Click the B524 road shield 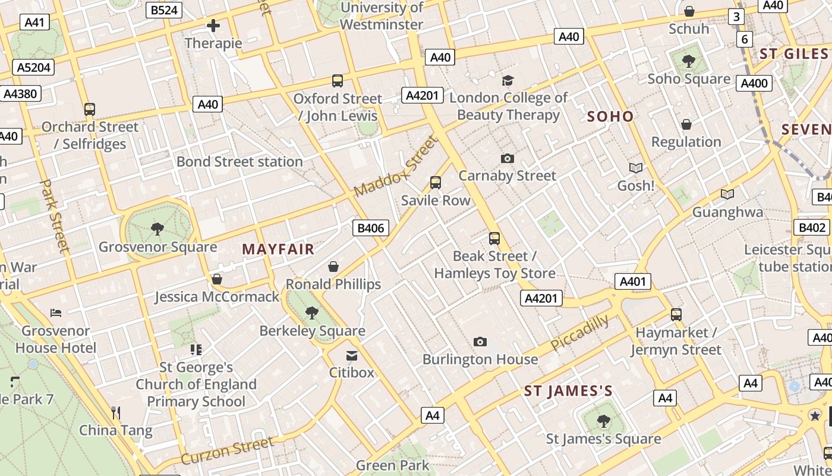point(165,10)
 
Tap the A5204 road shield point(33,67)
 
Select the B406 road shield point(371,228)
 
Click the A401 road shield point(632,281)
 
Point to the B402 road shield point(811,227)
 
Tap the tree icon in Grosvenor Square point(157,228)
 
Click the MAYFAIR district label point(278,249)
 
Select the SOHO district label point(610,117)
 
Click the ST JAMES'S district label point(568,391)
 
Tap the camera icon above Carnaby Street point(507,158)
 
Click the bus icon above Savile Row point(436,183)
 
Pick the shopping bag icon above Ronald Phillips point(333,267)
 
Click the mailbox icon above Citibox point(352,356)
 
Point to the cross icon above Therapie point(213,26)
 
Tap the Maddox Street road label point(395,167)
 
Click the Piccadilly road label point(579,333)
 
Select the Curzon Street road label point(228,450)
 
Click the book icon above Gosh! point(635,168)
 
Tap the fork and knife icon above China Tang point(116,412)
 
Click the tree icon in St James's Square point(603,421)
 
